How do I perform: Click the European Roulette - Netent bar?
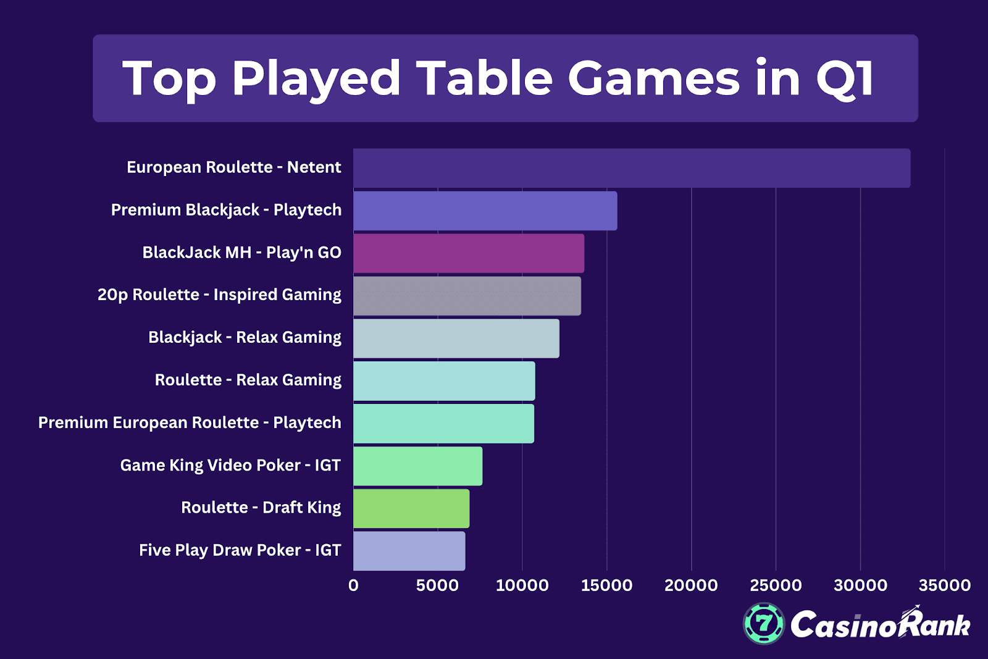tap(631, 168)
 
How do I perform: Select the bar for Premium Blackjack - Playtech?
tap(485, 211)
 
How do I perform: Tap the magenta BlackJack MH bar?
tap(468, 253)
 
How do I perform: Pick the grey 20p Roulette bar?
tap(467, 296)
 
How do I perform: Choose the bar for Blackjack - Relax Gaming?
tap(456, 338)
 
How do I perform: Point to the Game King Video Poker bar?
tap(417, 466)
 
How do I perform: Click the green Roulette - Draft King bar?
tap(411, 509)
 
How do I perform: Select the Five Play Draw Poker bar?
tap(409, 551)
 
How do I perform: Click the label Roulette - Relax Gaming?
tap(248, 380)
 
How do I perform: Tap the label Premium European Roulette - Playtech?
tap(190, 422)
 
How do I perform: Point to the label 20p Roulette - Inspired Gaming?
tap(219, 295)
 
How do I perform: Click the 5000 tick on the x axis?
tap(437, 586)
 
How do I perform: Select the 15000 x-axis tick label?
tap(606, 586)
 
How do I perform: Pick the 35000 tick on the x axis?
tap(944, 586)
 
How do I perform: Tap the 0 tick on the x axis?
tap(353, 586)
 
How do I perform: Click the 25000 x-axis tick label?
tap(776, 586)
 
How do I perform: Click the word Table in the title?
tap(484, 78)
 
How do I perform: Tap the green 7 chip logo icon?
tap(764, 624)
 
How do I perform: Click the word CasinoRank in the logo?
tap(880, 625)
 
